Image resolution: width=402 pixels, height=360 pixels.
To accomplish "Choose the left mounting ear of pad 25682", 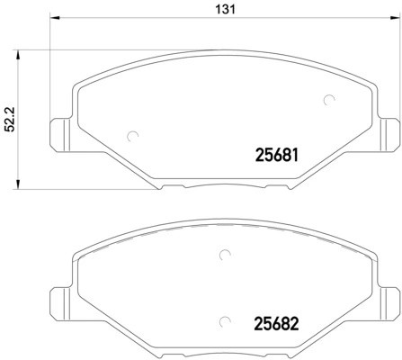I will coord(59,296).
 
